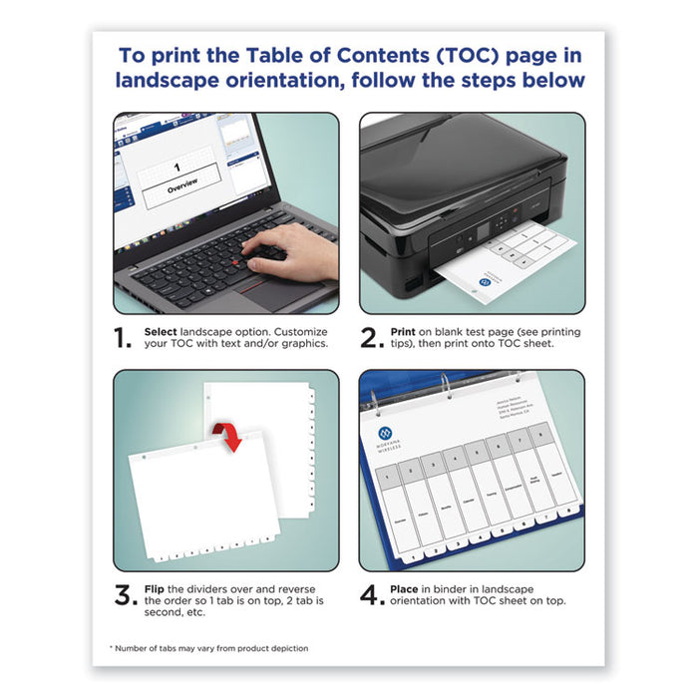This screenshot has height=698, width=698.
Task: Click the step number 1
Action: click(124, 338)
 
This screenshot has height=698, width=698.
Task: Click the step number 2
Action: click(371, 338)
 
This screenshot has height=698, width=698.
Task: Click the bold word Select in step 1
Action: click(164, 330)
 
